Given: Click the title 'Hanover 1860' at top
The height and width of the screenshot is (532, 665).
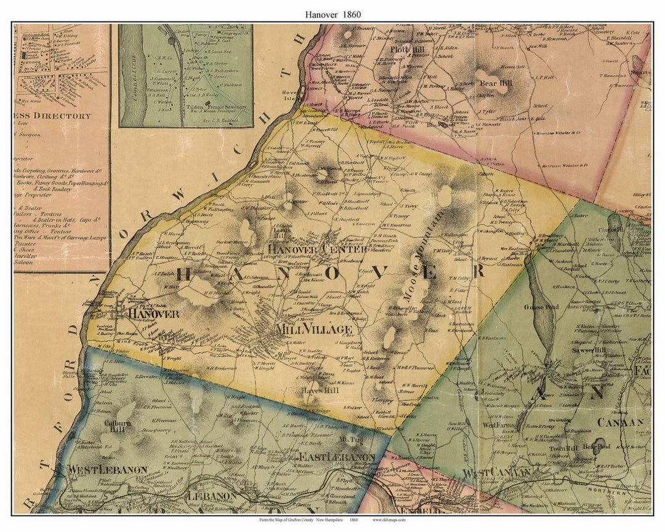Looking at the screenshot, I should point(332,14).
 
